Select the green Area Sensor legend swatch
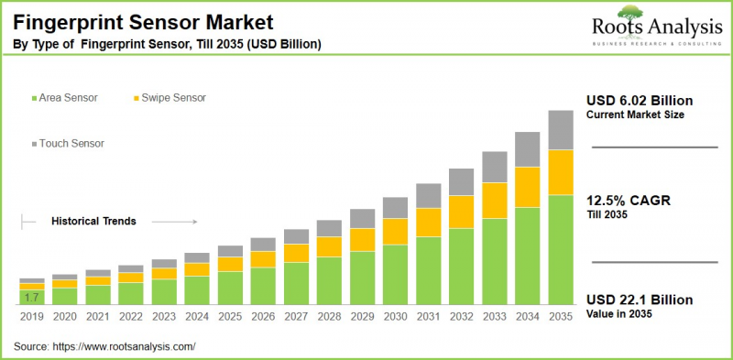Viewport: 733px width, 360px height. click(x=34, y=97)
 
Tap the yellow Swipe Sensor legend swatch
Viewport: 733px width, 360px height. click(x=137, y=97)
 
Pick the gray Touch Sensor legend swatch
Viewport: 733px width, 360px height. click(x=34, y=144)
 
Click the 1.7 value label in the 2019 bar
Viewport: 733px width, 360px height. click(x=31, y=297)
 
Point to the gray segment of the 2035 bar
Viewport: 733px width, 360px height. click(x=560, y=130)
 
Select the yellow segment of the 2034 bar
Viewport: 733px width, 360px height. click(x=527, y=187)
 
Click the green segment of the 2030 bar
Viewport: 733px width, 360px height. click(x=395, y=274)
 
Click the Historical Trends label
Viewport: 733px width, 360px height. click(x=93, y=221)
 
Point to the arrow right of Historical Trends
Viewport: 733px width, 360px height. click(x=174, y=221)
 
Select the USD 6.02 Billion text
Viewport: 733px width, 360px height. click(x=640, y=100)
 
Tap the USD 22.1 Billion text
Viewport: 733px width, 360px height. click(x=640, y=300)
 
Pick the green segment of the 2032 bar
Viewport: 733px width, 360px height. click(x=461, y=266)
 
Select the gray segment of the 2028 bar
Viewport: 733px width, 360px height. click(x=329, y=228)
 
